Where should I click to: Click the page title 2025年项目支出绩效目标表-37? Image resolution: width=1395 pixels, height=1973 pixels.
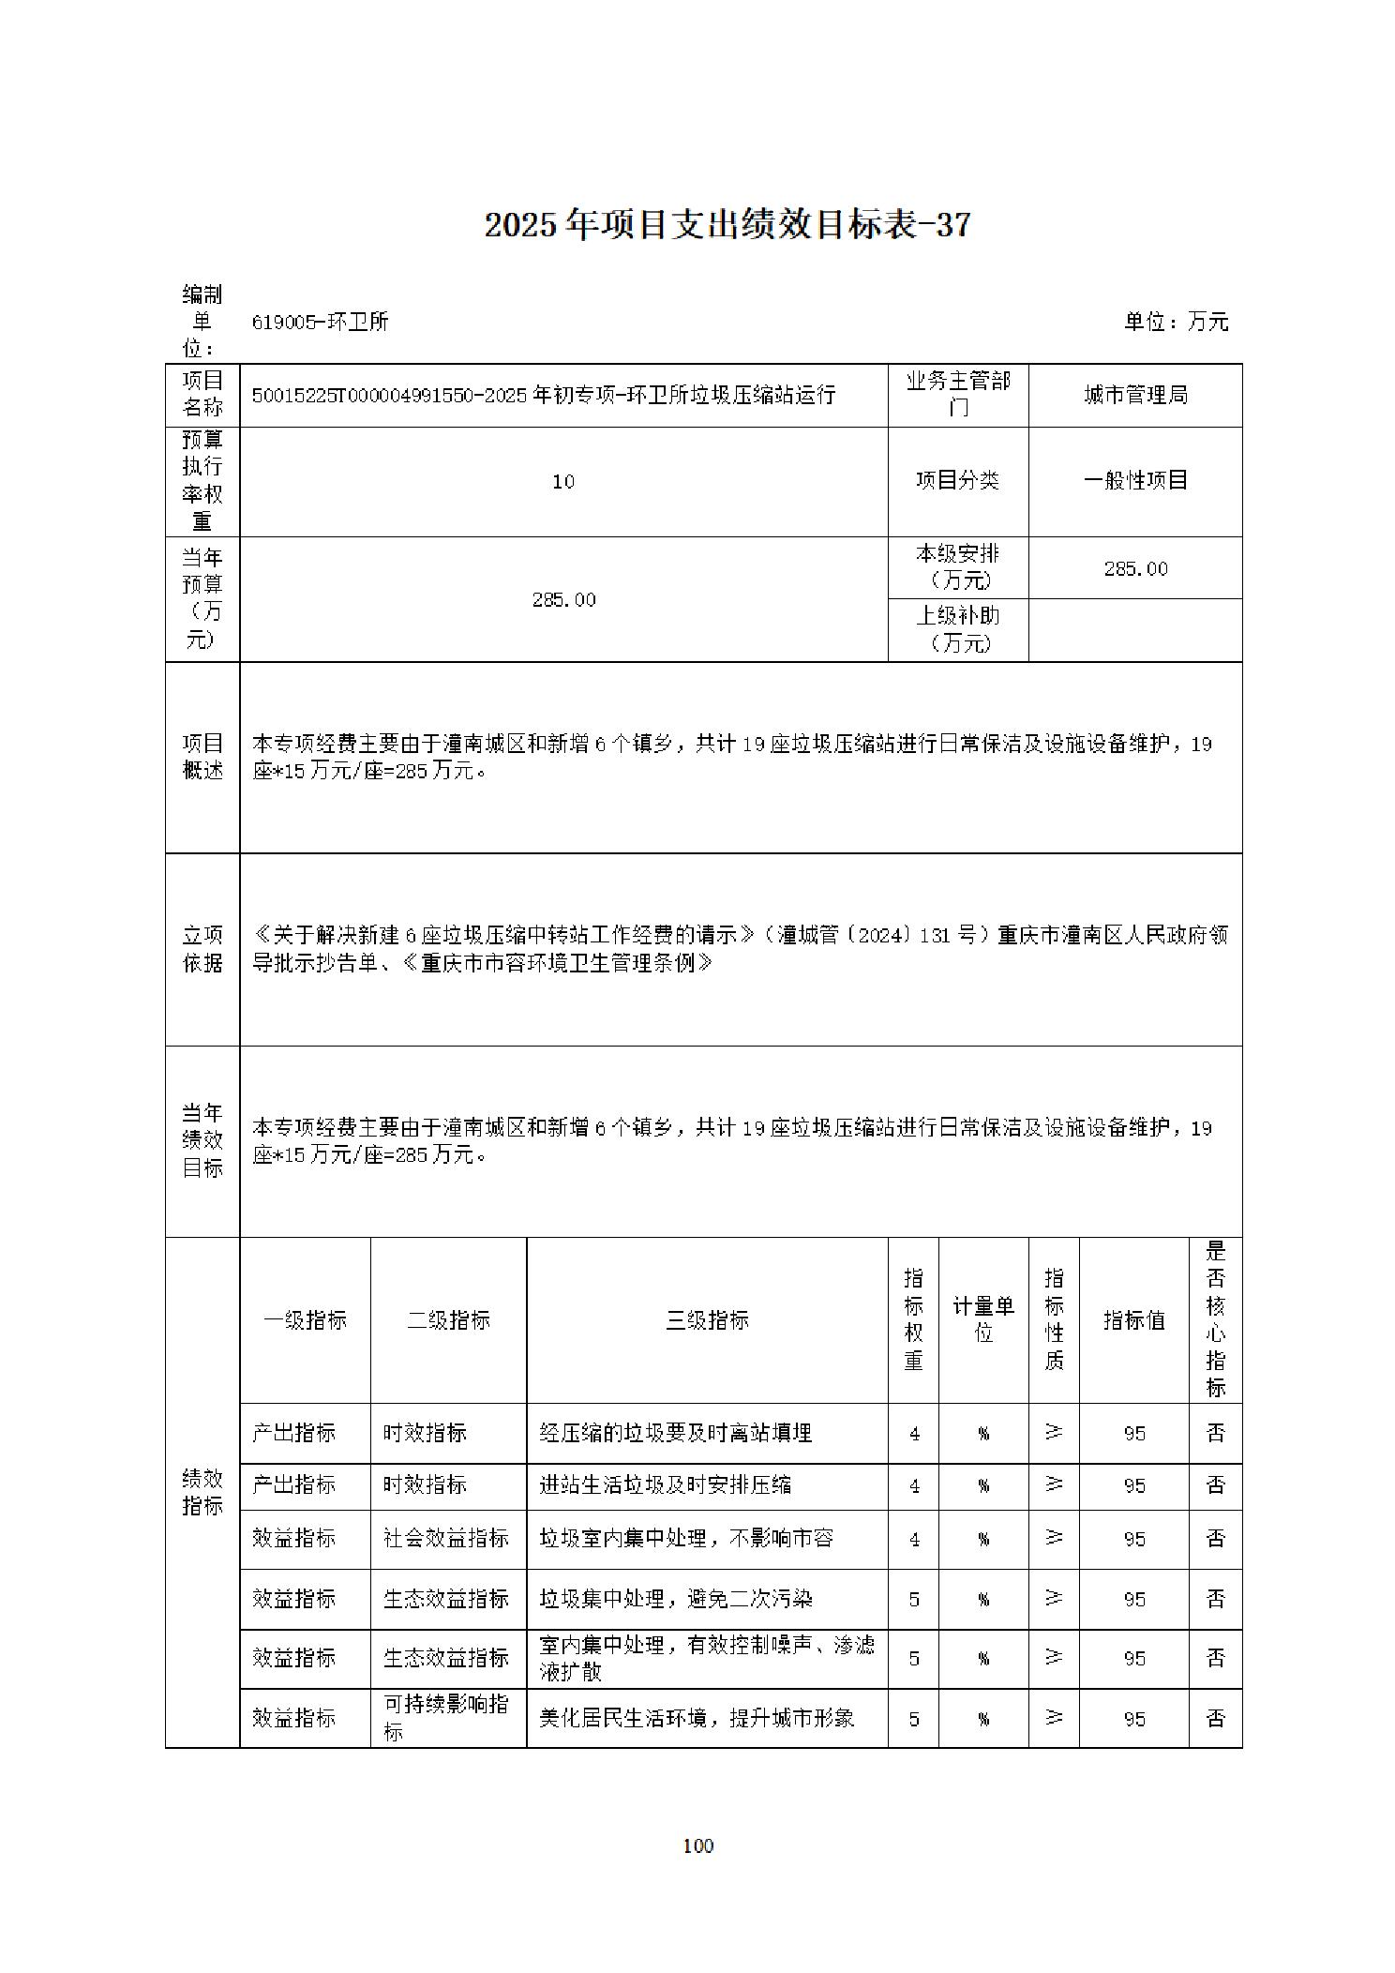pyautogui.click(x=727, y=225)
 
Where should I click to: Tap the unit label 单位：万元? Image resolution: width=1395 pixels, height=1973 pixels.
pyautogui.click(x=1176, y=322)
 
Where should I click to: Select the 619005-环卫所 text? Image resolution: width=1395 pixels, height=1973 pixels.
pyautogui.click(x=320, y=322)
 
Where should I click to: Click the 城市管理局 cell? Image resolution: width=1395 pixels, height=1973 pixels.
pyautogui.click(x=1135, y=396)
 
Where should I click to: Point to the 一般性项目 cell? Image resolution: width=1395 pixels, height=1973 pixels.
pyautogui.click(x=1135, y=481)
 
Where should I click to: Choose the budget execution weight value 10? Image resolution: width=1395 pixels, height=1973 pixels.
pyautogui.click(x=562, y=482)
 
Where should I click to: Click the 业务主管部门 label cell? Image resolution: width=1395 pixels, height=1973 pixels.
pyautogui.click(x=957, y=395)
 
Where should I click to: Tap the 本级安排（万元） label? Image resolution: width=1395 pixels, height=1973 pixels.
pyautogui.click(x=957, y=567)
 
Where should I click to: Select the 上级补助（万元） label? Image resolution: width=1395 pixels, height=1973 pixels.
pyautogui.click(x=957, y=629)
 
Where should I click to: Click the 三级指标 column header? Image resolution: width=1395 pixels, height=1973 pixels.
pyautogui.click(x=707, y=1320)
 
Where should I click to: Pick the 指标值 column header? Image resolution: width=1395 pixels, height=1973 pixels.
pyautogui.click(x=1133, y=1320)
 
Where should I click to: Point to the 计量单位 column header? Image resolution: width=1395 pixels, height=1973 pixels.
pyautogui.click(x=982, y=1319)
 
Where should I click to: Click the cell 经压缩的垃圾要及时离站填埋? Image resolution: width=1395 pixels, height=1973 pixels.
pyautogui.click(x=675, y=1433)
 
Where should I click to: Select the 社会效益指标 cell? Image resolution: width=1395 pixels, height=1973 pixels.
pyautogui.click(x=446, y=1539)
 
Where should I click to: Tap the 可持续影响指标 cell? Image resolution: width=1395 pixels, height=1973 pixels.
pyautogui.click(x=446, y=1718)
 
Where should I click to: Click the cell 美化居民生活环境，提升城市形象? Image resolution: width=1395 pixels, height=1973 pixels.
pyautogui.click(x=697, y=1719)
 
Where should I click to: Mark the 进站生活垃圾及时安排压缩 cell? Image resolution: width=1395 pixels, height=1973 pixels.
pyautogui.click(x=665, y=1485)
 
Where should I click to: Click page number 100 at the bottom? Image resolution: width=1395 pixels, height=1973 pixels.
pyautogui.click(x=698, y=1846)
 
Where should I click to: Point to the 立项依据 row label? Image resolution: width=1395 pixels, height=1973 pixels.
pyautogui.click(x=202, y=949)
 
